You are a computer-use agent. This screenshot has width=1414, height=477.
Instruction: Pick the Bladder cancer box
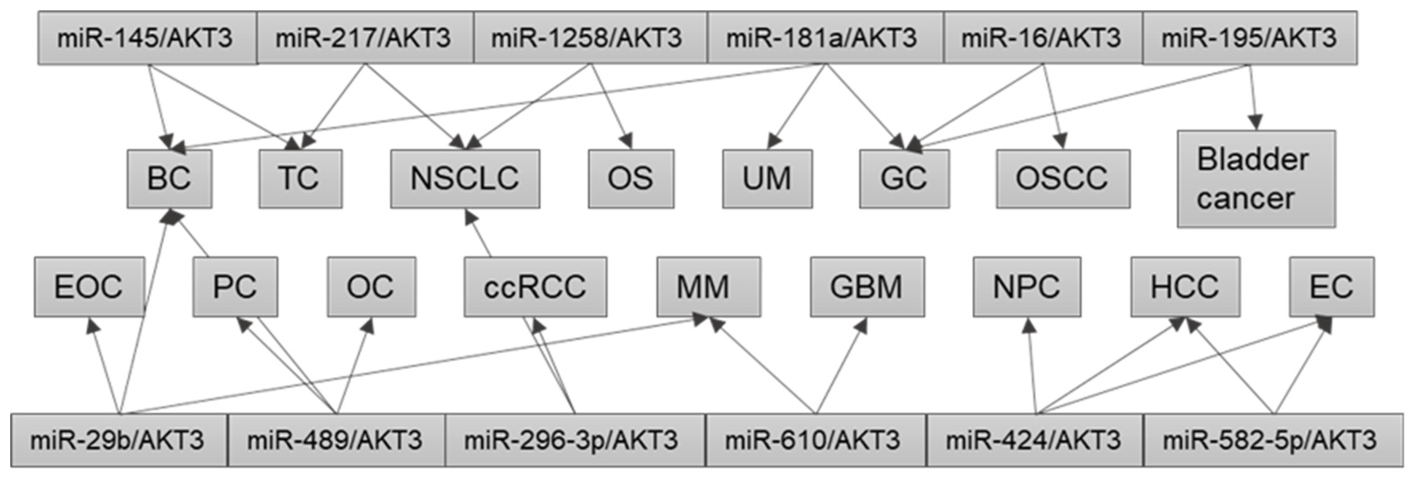(1256, 179)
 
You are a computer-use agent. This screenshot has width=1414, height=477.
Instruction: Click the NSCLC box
(464, 179)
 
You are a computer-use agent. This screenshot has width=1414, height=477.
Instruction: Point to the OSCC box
(1063, 179)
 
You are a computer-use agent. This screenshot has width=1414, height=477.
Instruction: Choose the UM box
(767, 179)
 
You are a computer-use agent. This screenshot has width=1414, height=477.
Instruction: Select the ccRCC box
(535, 286)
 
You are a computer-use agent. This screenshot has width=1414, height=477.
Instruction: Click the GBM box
(867, 286)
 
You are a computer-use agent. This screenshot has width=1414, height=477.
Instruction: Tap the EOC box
(89, 286)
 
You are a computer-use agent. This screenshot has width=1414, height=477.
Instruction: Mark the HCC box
(1185, 286)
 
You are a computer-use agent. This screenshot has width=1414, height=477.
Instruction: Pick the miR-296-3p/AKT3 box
(575, 440)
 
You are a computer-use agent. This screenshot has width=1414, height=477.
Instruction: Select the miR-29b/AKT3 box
(119, 440)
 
